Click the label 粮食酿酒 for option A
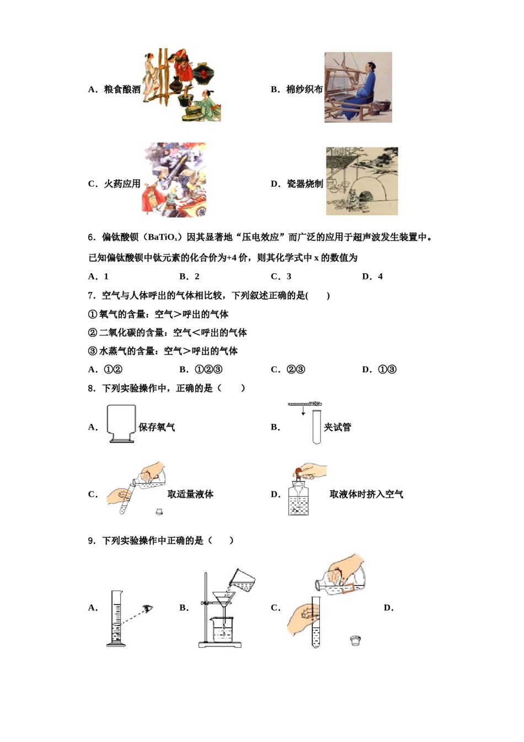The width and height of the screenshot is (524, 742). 122,89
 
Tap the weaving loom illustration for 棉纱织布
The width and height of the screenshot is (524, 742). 357,87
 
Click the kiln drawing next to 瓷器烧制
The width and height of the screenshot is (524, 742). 361,181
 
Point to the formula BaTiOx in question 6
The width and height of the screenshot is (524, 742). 162,237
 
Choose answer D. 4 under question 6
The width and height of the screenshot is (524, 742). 372,277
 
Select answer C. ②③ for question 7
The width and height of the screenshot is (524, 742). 287,369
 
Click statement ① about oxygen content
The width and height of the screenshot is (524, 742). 158,314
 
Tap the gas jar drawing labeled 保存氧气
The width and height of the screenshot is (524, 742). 121,423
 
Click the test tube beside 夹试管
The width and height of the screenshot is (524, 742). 316,427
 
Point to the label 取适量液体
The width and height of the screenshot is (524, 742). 190,494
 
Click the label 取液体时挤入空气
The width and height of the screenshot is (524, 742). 366,494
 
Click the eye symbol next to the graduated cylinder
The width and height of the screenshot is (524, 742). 147,608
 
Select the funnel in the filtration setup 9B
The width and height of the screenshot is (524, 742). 223,600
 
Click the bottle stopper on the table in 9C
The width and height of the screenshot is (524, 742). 355,640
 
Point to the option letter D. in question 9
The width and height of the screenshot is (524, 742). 388,608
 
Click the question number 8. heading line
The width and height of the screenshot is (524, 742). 165,388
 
